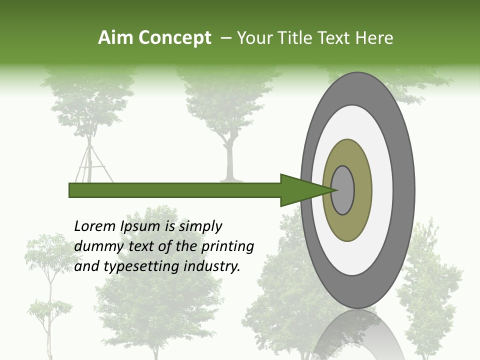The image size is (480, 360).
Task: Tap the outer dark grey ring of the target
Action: [x=405, y=190]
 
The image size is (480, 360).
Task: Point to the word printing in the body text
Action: [x=227, y=247]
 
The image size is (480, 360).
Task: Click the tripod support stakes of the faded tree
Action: [x=90, y=162]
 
